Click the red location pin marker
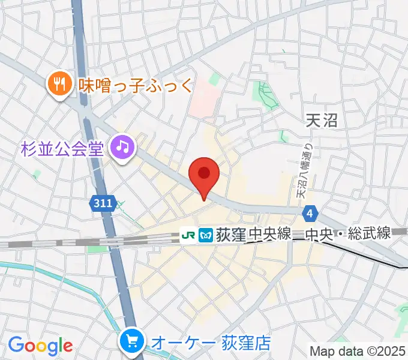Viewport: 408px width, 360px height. pyautogui.click(x=204, y=175)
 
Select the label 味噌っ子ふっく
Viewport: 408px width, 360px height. pyautogui.click(x=136, y=85)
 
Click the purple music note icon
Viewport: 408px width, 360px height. pyautogui.click(x=124, y=146)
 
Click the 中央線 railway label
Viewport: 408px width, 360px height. pyautogui.click(x=270, y=234)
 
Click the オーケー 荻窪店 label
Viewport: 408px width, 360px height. pyautogui.click(x=210, y=343)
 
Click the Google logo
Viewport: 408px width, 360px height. pyautogui.click(x=40, y=345)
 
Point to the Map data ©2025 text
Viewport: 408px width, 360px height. pyautogui.click(x=358, y=351)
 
